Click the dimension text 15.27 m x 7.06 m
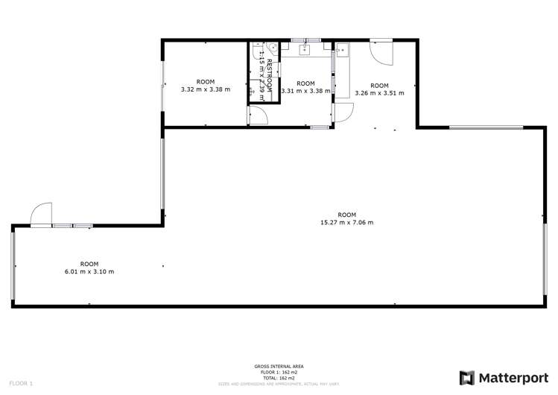coord(346,222)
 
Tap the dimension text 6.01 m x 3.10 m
coord(89,271)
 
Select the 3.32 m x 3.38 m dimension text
coord(205,89)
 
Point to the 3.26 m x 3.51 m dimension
coord(379,93)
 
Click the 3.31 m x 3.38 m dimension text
coord(305,91)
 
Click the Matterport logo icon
coord(468,377)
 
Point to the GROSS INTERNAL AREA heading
coord(279,366)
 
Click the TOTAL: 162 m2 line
coord(279,378)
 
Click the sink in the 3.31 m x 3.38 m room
coord(305,50)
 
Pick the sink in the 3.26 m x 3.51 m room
coord(343,51)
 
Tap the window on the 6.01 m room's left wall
coord(12,265)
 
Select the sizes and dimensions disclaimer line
coord(279,384)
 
